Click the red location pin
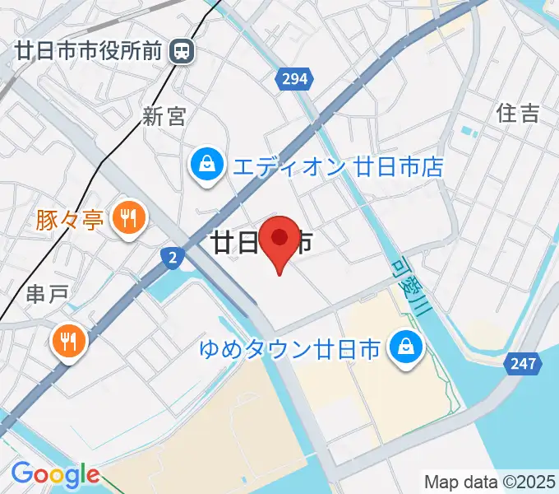(280, 240)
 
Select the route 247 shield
(523, 363)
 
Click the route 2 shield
(171, 258)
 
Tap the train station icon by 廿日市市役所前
(182, 52)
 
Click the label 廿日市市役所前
(90, 52)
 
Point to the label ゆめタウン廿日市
(291, 349)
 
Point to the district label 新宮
(164, 117)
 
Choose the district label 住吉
(519, 114)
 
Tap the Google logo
(56, 474)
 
